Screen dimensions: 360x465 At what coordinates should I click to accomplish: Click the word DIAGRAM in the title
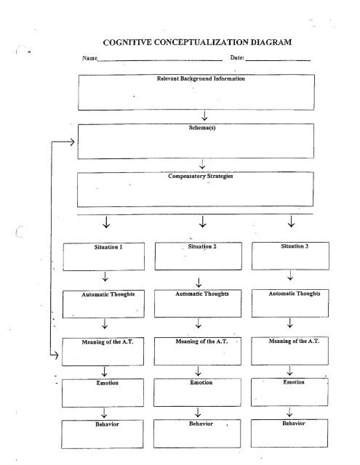(271, 42)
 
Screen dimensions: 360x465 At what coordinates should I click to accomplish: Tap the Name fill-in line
(160, 60)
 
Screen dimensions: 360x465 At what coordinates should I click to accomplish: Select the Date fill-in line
(278, 60)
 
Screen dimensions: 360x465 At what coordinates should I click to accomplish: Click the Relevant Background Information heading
(201, 78)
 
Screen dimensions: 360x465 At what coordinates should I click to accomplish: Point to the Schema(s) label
(202, 128)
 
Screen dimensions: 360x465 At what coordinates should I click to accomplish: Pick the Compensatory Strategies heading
(201, 176)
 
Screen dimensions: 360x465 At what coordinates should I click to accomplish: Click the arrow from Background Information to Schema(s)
(204, 116)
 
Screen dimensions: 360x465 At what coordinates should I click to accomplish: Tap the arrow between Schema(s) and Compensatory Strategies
(202, 164)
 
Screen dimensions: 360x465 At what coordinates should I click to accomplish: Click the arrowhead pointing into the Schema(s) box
(72, 142)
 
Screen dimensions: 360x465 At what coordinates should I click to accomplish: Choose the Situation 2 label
(202, 246)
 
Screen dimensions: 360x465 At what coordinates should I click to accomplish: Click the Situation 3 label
(295, 246)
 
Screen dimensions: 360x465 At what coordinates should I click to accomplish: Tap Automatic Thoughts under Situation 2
(201, 294)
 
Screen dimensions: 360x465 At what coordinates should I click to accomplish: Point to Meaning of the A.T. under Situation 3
(294, 341)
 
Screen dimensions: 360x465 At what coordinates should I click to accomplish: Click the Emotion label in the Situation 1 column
(108, 383)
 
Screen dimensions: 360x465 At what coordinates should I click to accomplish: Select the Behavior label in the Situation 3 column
(294, 423)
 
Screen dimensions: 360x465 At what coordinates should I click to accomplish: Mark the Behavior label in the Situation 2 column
(201, 424)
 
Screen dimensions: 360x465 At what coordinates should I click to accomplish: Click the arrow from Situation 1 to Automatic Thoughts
(105, 276)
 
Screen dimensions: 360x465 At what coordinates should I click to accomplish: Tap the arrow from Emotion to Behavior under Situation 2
(198, 413)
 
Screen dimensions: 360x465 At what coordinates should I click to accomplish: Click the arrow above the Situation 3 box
(291, 222)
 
